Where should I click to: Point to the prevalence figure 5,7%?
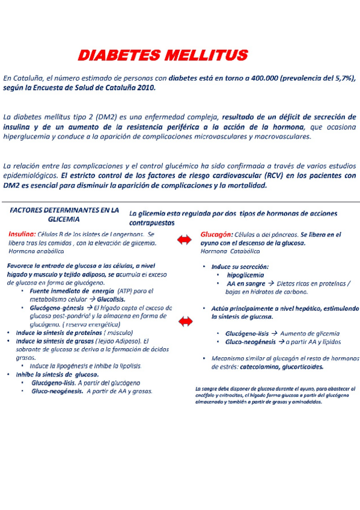(x=341, y=78)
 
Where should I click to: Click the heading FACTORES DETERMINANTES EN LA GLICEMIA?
(x=64, y=215)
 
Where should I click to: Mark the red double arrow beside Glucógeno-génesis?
(x=186, y=322)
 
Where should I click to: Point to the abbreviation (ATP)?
(x=126, y=291)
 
